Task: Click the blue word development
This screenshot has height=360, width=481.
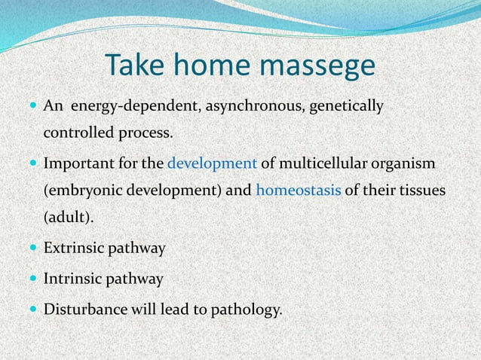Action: pos(212,163)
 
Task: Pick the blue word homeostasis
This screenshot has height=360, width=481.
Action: pos(299,190)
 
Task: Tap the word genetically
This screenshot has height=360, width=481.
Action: pos(346,107)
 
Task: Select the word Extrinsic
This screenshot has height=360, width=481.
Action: pos(72,247)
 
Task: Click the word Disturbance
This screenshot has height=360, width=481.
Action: pos(82,310)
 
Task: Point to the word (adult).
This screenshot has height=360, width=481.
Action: pos(63,217)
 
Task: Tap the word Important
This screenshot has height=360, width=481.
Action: pos(76,163)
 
